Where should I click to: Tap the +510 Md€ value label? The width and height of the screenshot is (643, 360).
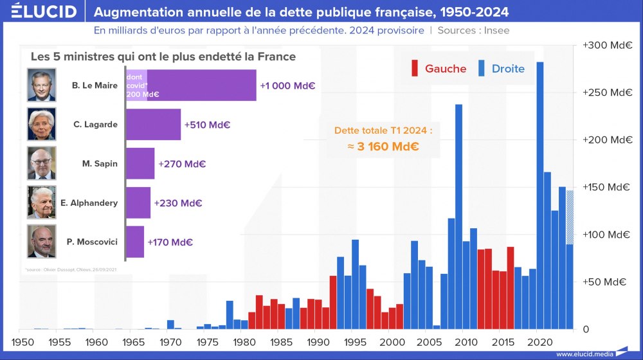[207, 125]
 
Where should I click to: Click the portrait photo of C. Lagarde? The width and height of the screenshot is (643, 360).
[42, 124]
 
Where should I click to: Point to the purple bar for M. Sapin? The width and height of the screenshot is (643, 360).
[140, 163]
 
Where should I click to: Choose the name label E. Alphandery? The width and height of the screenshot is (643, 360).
[89, 203]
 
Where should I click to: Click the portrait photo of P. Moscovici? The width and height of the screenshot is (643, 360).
[42, 242]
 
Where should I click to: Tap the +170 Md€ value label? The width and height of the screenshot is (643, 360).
[170, 242]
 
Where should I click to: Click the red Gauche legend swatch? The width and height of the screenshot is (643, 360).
[415, 68]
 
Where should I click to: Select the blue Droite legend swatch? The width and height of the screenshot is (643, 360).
[482, 68]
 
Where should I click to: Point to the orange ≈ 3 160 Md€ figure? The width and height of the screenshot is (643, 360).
[383, 147]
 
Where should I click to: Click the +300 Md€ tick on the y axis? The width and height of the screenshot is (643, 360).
[607, 46]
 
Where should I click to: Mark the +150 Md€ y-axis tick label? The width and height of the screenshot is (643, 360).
[607, 187]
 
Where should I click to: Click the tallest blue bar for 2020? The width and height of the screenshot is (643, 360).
[540, 193]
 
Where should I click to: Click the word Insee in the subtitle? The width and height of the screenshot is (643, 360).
[497, 30]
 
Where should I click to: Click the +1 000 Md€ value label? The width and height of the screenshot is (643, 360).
[287, 85]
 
